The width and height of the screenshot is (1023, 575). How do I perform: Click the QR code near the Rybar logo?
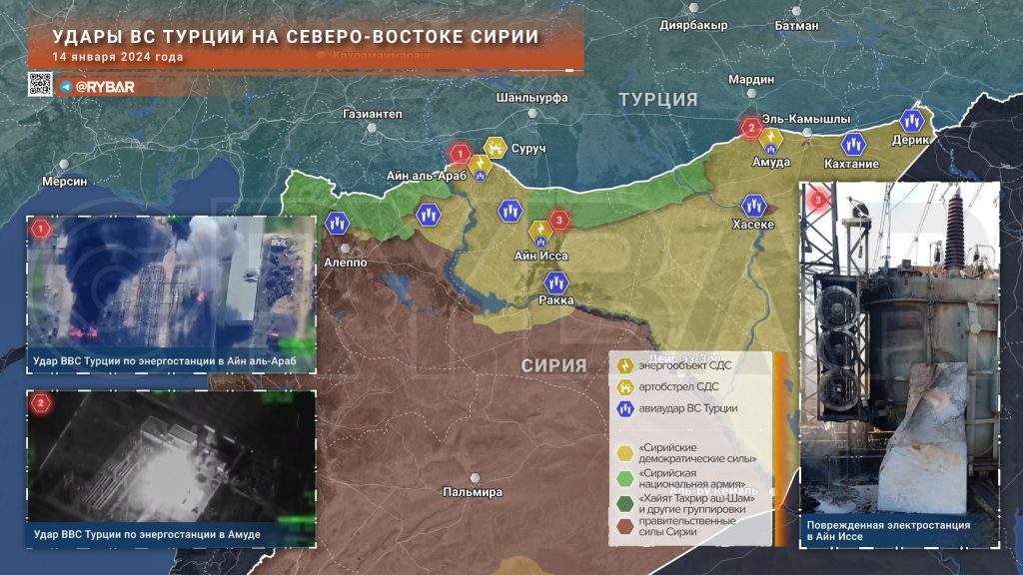point(39,85)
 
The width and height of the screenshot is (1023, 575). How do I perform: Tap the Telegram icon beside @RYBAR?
point(65,87)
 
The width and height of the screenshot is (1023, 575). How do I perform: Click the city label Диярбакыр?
point(693,25)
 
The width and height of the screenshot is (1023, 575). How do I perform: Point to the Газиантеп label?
point(372,115)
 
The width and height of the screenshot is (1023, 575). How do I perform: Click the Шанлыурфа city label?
point(531,97)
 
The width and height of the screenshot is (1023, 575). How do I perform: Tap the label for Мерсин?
point(65,182)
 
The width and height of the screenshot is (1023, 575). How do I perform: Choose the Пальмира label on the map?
point(474,492)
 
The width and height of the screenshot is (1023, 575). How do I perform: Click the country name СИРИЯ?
point(553,365)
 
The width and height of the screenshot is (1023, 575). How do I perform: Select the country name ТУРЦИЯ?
point(657,99)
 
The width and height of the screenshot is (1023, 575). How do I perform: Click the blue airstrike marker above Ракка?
point(555,283)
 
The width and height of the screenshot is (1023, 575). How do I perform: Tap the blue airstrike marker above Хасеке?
point(753,206)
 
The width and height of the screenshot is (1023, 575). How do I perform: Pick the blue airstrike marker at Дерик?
point(911,121)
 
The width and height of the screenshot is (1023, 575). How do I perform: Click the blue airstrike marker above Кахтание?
point(852,144)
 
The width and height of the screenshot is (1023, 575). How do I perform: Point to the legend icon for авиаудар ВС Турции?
point(624,408)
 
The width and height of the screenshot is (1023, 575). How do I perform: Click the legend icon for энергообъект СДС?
point(624,365)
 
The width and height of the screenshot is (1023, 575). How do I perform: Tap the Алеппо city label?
point(345,262)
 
